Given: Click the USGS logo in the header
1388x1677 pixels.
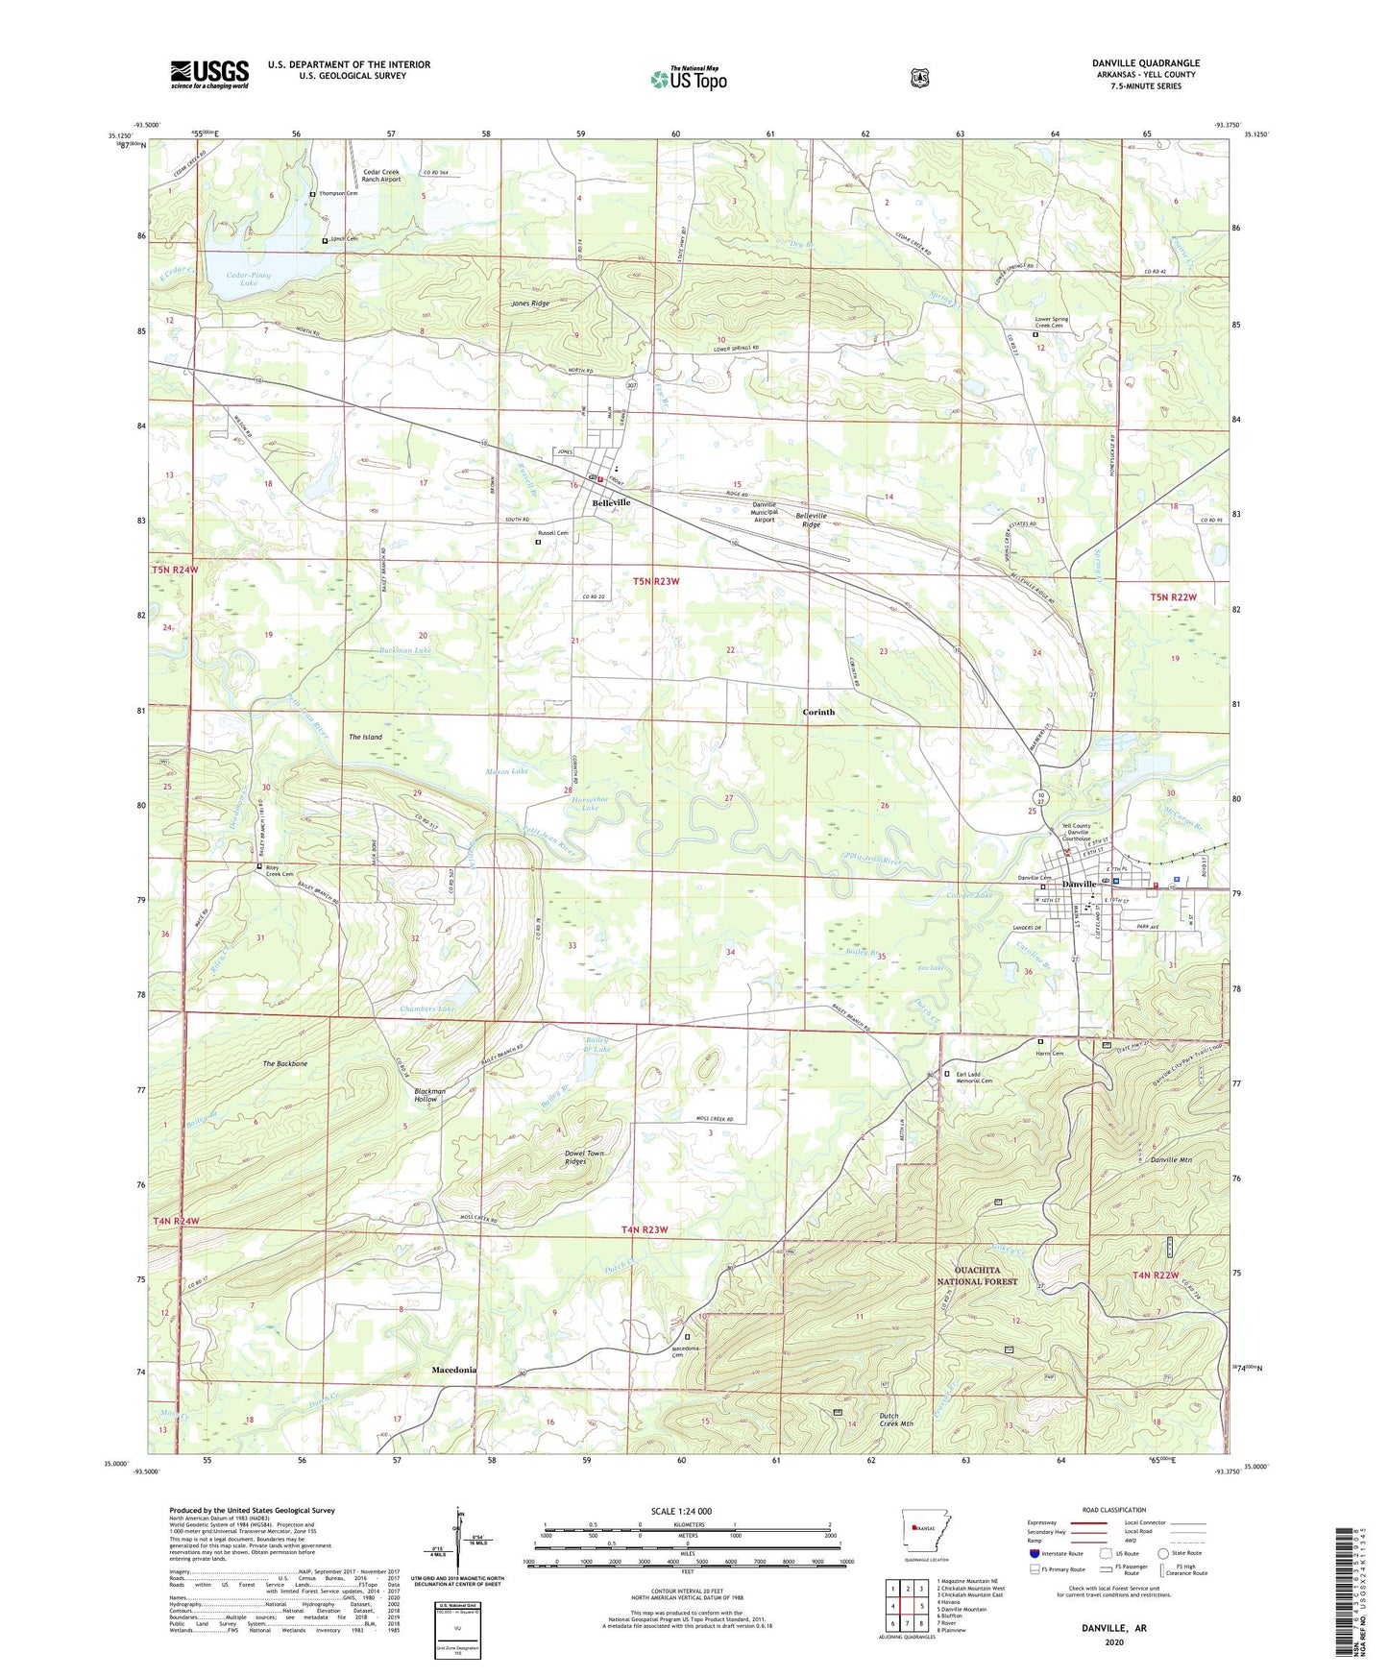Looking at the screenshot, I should (209, 74).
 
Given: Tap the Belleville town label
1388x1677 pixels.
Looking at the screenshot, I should (611, 502).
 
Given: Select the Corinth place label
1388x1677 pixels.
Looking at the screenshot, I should (818, 712).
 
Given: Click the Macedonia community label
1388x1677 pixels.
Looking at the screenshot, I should (454, 1370).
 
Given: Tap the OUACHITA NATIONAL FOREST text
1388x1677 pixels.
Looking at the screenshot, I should (979, 1276).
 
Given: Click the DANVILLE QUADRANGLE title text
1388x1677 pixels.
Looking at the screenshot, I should (1145, 63).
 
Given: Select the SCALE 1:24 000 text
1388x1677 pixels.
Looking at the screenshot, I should (681, 1511).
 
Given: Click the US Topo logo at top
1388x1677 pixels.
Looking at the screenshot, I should (689, 79).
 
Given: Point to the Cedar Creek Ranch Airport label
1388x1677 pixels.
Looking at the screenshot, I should (381, 176).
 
